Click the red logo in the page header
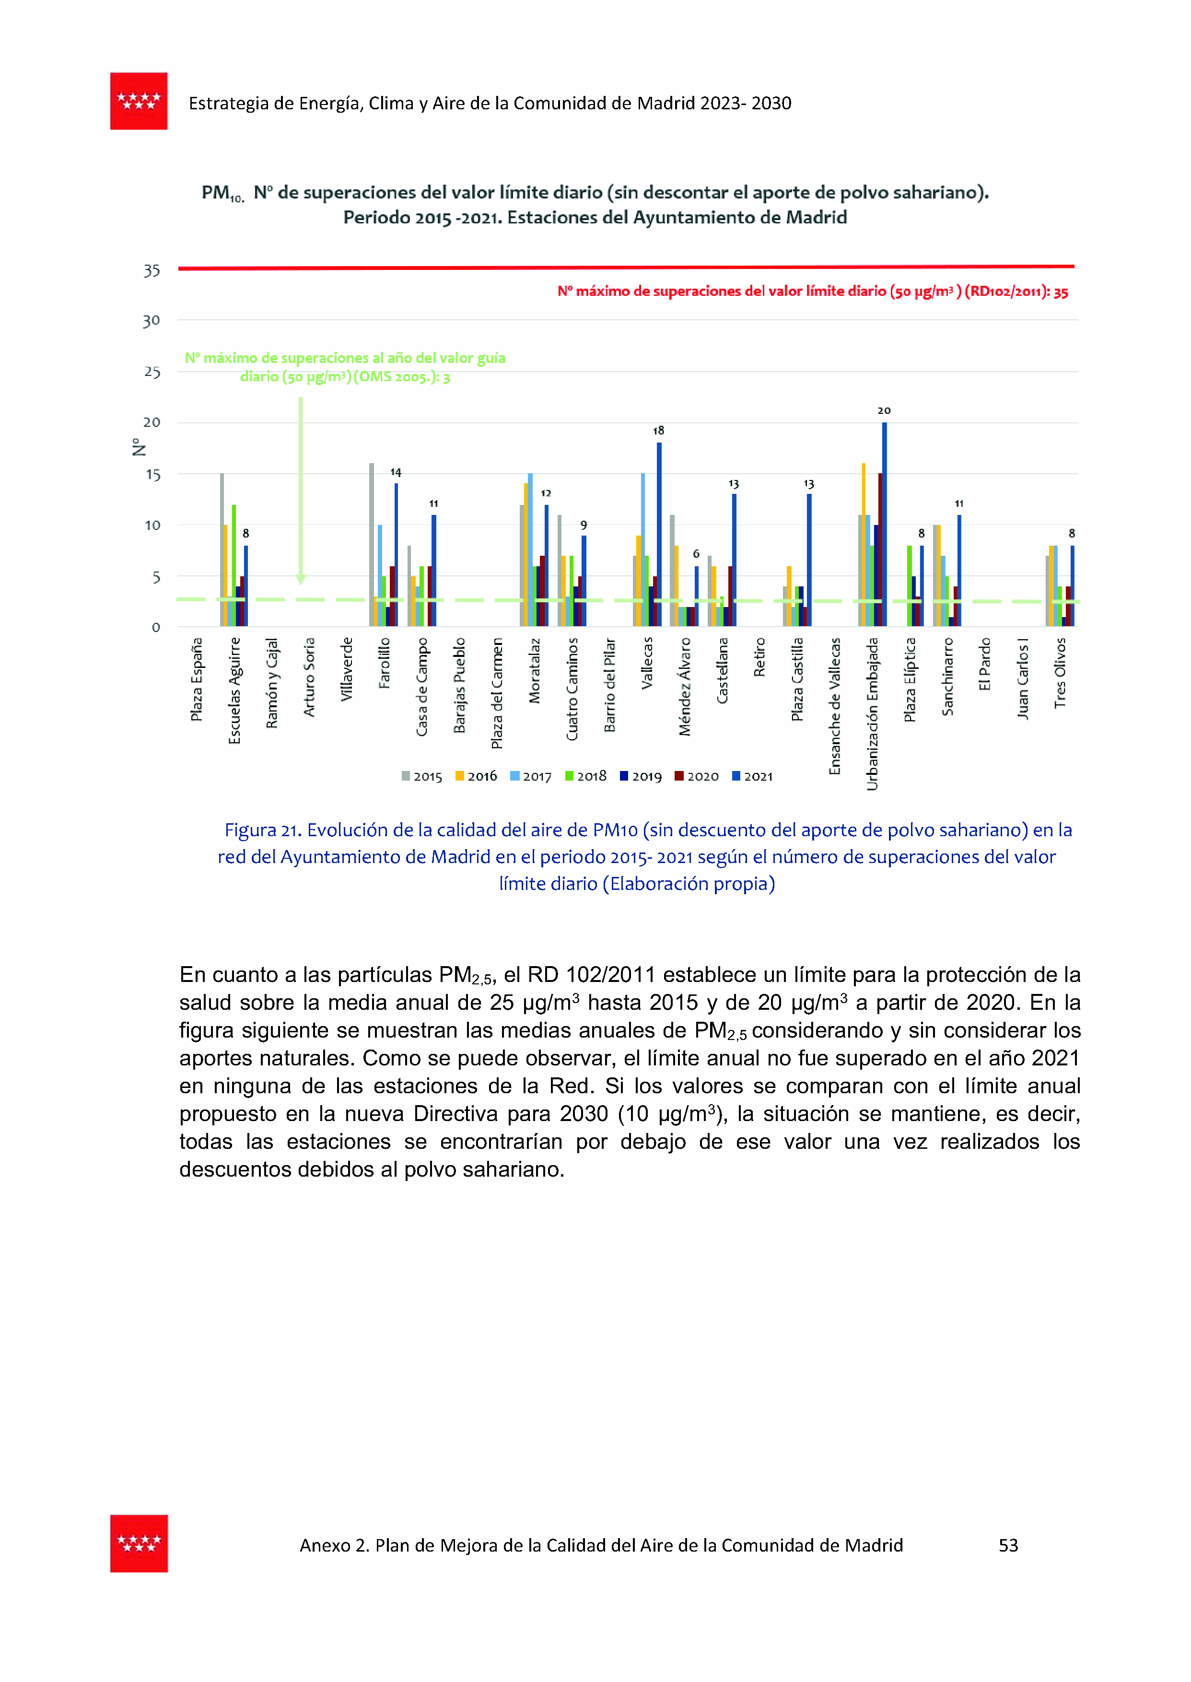coord(139,101)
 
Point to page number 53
coord(1008,1546)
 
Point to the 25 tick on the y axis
coord(152,372)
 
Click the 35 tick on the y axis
coord(152,270)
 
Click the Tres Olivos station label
coord(1060,672)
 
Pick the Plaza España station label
coord(197,679)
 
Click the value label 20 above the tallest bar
coord(884,410)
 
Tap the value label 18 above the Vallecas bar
coord(659,431)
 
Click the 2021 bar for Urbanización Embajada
coord(885,524)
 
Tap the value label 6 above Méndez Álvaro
coord(696,554)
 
